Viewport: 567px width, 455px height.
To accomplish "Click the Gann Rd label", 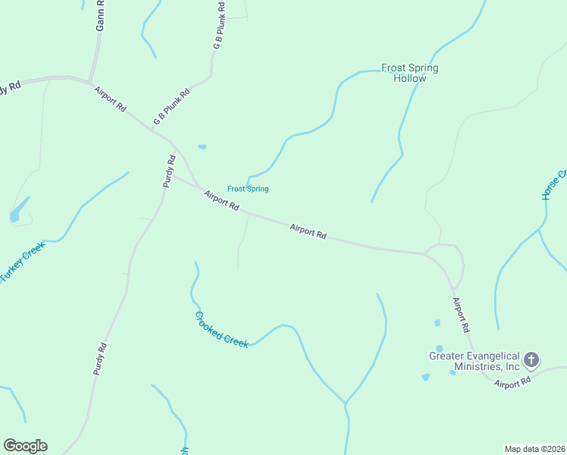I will pyautogui.click(x=99, y=15).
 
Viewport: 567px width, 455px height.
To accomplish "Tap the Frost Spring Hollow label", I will pyautogui.click(x=409, y=73).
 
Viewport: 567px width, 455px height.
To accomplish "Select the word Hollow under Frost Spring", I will pyautogui.click(x=409, y=78).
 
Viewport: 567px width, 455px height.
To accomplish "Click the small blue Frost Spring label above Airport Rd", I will pyautogui.click(x=248, y=189).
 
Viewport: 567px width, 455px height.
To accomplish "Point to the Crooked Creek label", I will pyautogui.click(x=221, y=330).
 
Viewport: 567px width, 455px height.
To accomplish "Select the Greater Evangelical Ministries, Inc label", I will pyautogui.click(x=475, y=361).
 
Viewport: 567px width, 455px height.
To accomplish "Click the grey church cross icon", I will pyautogui.click(x=532, y=359).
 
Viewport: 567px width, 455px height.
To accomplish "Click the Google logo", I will pyautogui.click(x=25, y=446).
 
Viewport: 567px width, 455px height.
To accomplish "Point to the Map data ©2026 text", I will pyautogui.click(x=534, y=449).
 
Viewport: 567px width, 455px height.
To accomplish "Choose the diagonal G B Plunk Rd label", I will pyautogui.click(x=171, y=106).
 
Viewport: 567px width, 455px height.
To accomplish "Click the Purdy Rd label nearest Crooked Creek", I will pyautogui.click(x=100, y=359).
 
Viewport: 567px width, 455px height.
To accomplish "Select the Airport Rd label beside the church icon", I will pyautogui.click(x=512, y=384).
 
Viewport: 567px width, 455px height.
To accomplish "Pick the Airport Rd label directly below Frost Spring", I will pyautogui.click(x=221, y=201).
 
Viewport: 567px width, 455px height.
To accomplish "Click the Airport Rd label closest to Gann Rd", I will pyautogui.click(x=110, y=99).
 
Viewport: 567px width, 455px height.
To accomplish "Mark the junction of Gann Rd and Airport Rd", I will pyautogui.click(x=89, y=81).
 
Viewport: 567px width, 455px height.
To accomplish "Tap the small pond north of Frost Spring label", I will pyautogui.click(x=202, y=146).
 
